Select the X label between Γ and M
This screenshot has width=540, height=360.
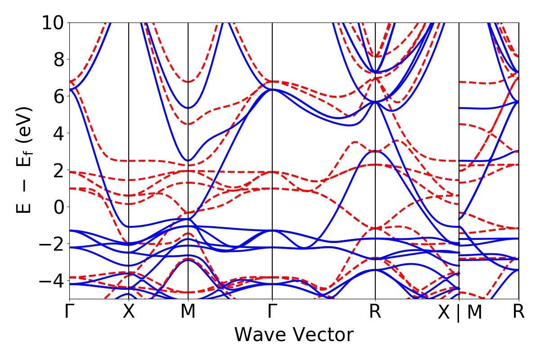(129, 311)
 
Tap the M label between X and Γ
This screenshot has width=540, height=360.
(188, 311)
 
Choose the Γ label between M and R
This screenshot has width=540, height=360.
(272, 311)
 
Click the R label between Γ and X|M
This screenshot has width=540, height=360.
(375, 311)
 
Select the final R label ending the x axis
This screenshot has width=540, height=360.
(519, 311)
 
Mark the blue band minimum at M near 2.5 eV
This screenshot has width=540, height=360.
(189, 161)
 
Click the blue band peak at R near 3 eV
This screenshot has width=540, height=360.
(375, 151)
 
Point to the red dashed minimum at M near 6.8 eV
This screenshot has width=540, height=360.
(188, 81)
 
